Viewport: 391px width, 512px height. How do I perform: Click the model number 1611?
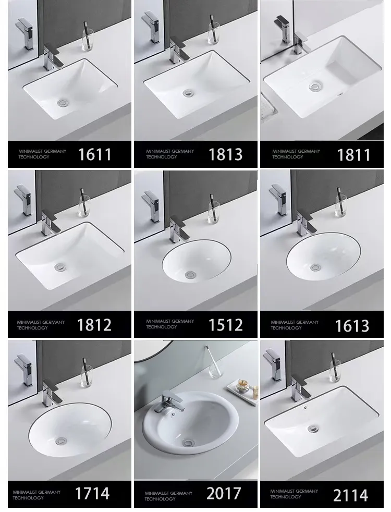[94, 154]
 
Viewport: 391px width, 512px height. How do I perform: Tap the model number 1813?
[225, 154]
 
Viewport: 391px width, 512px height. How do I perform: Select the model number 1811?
[353, 154]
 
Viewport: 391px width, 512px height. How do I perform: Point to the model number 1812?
[94, 325]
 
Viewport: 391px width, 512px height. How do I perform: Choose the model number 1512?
[225, 325]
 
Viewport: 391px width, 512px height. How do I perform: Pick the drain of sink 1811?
[314, 87]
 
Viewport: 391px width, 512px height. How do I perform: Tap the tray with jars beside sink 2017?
[243, 388]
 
